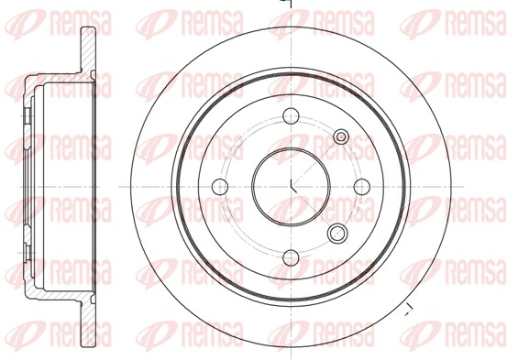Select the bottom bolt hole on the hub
pos(291,257)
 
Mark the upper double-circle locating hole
pos(341,136)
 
